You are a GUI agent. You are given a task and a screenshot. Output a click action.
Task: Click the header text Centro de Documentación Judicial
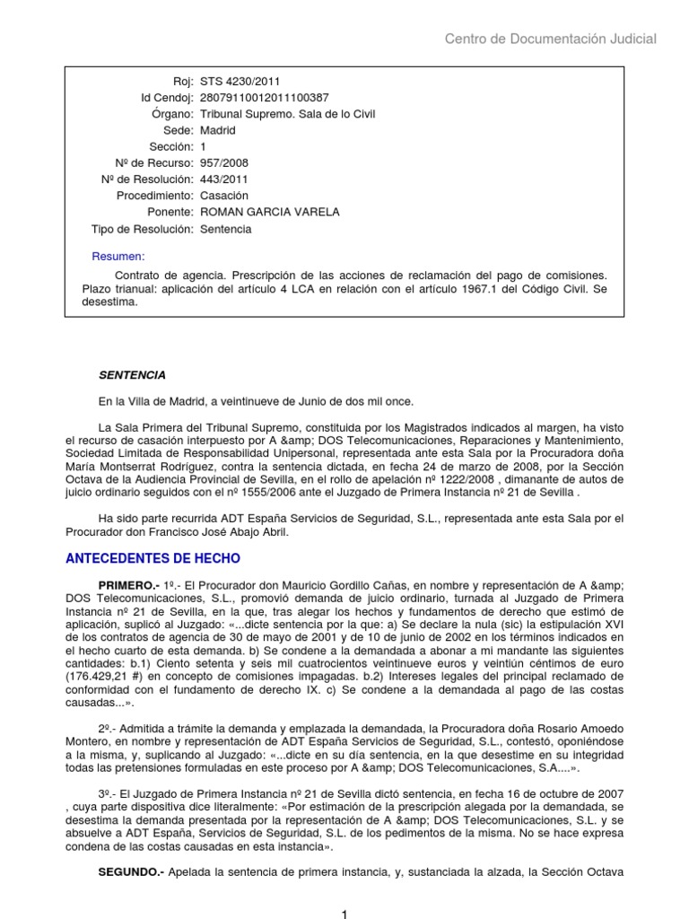pos(551,39)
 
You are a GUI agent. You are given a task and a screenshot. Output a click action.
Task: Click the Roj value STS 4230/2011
pos(235,82)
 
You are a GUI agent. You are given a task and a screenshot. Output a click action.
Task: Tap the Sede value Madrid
pos(218,130)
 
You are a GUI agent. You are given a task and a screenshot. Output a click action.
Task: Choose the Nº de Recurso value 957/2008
pos(224,163)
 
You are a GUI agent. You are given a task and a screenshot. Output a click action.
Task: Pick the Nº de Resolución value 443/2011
pos(224,179)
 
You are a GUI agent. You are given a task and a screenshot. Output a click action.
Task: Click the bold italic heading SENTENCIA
pos(132,374)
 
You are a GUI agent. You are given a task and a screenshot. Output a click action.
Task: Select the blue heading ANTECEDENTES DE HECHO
pos(153,557)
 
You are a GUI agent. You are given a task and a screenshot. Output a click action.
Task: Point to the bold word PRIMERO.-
pos(129,583)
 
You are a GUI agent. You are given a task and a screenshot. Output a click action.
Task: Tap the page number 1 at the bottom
pos(344,913)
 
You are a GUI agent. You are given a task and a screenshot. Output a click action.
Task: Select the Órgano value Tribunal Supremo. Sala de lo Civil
pos(287,114)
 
